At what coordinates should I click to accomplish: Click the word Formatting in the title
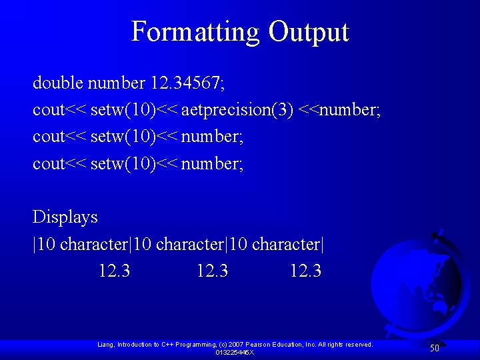pyautogui.click(x=195, y=32)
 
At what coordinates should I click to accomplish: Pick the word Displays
pyautogui.click(x=65, y=217)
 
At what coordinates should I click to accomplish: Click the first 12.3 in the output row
pyautogui.click(x=114, y=271)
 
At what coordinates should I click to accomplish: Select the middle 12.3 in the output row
pyautogui.click(x=212, y=271)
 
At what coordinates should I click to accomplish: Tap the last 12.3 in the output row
pyautogui.click(x=305, y=271)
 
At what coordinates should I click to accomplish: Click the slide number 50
pyautogui.click(x=434, y=348)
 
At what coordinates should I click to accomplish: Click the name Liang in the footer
pyautogui.click(x=105, y=345)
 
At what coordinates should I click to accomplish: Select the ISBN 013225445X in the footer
pyautogui.click(x=235, y=352)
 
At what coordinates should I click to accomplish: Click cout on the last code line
pyautogui.click(x=48, y=163)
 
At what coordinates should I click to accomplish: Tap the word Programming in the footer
pyautogui.click(x=197, y=345)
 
